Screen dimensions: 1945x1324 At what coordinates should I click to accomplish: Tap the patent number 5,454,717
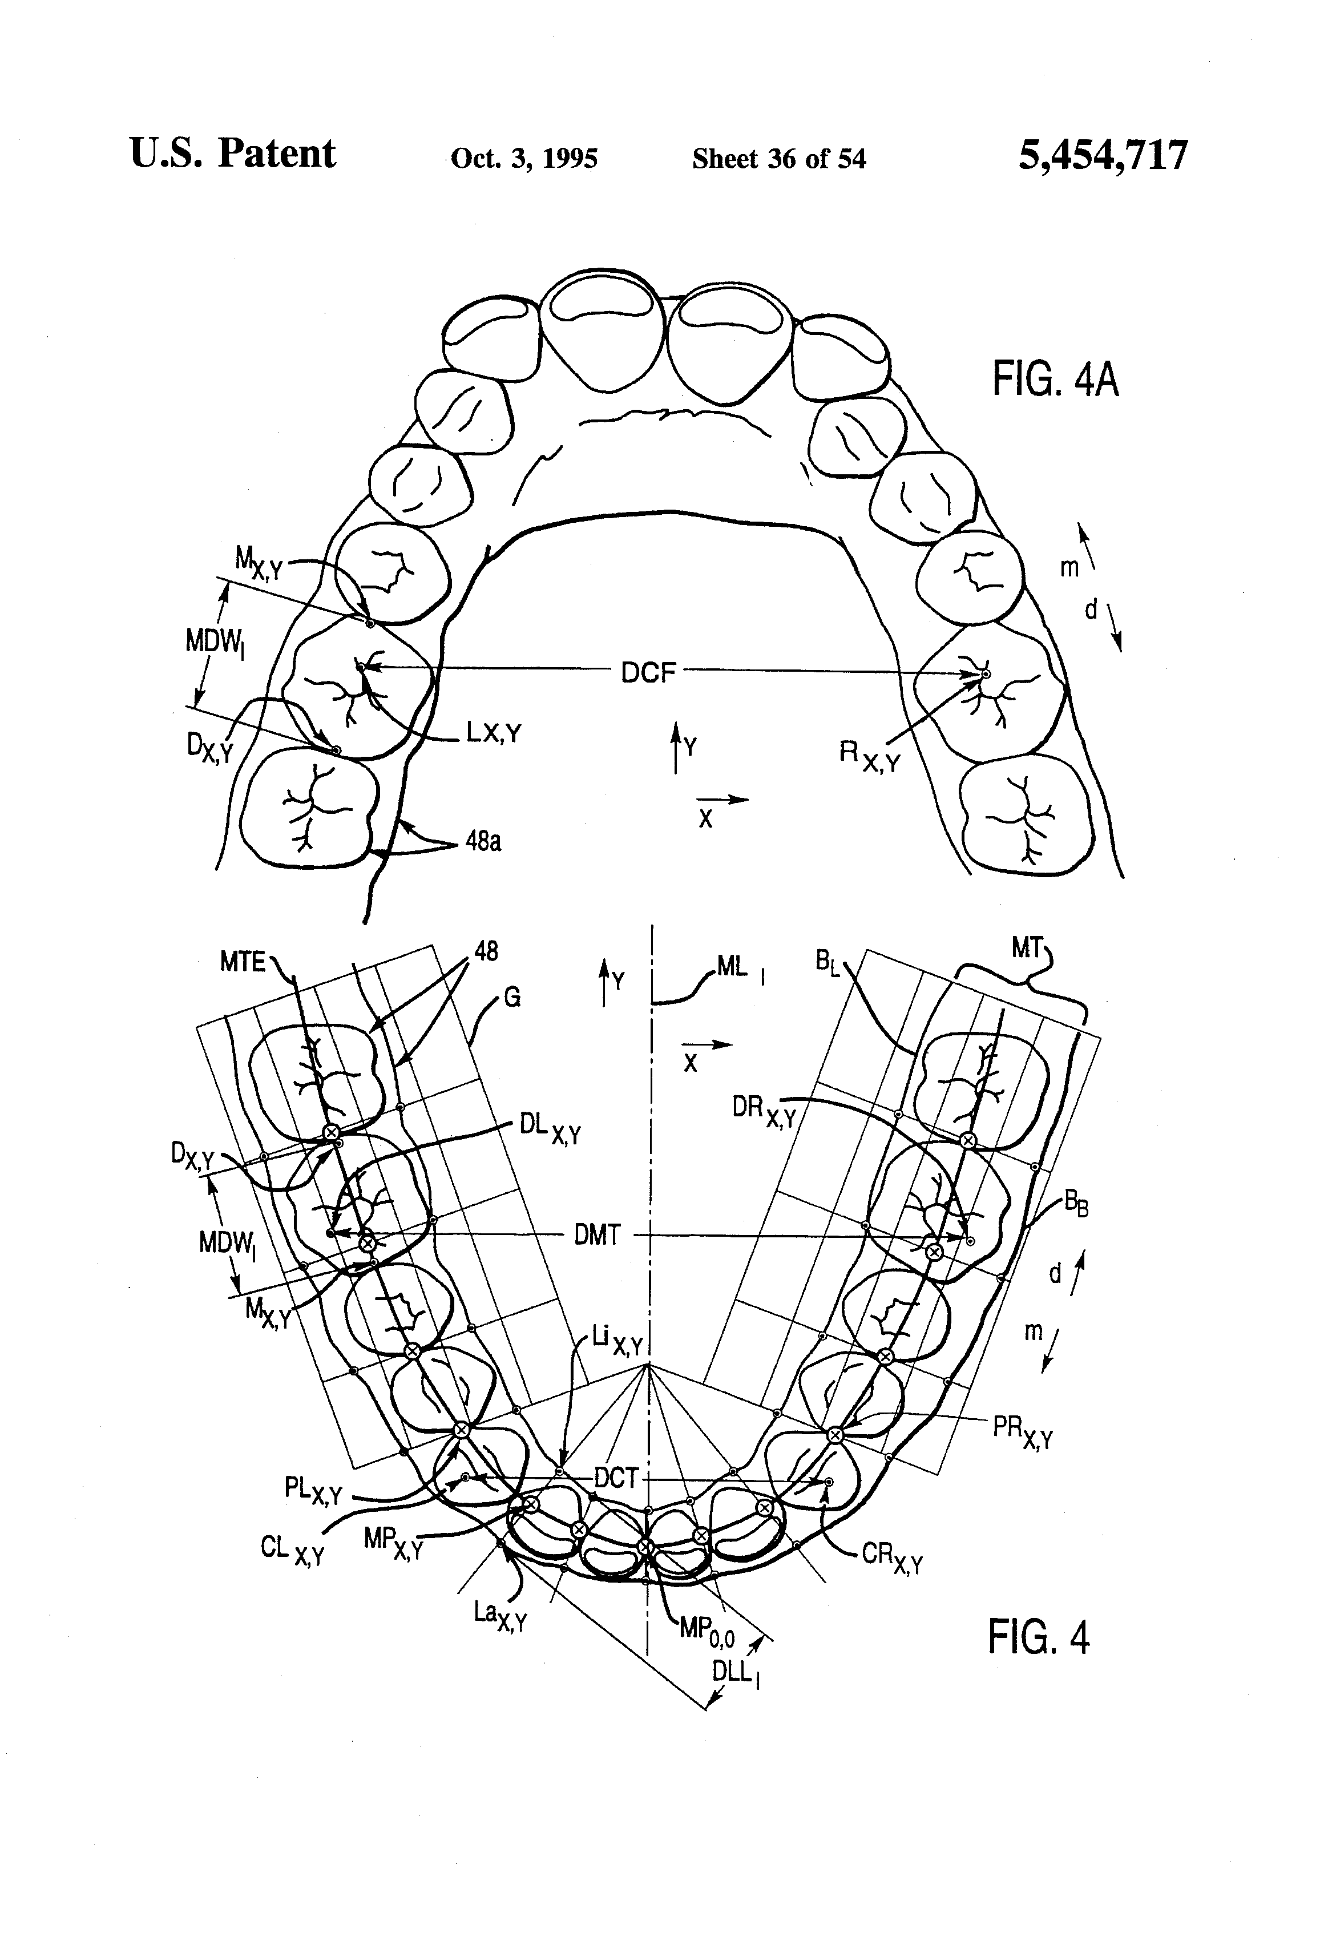click(1102, 156)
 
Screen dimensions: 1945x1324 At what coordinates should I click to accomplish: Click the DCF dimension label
click(648, 672)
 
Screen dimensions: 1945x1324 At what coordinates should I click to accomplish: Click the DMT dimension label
click(597, 1235)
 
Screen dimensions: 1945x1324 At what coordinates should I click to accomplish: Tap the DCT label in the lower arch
click(616, 1479)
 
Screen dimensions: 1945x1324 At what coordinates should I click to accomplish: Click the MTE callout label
click(242, 962)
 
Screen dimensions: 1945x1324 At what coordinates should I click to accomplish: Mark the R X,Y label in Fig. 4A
click(868, 756)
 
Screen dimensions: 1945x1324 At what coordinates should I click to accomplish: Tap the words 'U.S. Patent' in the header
click(233, 155)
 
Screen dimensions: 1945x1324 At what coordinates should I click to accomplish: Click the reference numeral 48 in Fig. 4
click(486, 951)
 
